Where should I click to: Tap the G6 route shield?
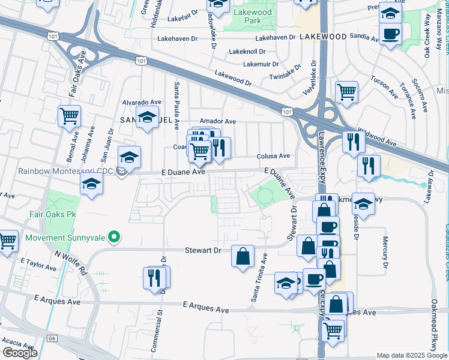click(x=53, y=339)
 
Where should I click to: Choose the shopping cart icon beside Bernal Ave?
click(x=70, y=115)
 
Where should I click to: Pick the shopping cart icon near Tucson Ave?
click(x=346, y=91)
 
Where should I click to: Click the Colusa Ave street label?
click(x=274, y=156)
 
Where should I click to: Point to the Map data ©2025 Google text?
click(x=412, y=355)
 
